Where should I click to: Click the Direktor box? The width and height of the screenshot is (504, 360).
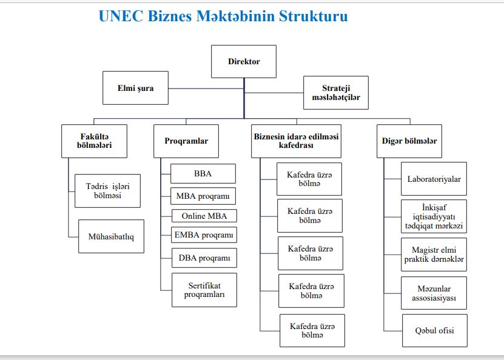pyautogui.click(x=244, y=61)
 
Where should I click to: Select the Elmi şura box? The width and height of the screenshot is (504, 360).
pyautogui.click(x=135, y=88)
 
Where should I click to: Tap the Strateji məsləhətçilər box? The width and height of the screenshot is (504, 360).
pyautogui.click(x=336, y=93)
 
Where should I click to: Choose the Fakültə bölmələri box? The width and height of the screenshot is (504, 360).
pyautogui.click(x=94, y=141)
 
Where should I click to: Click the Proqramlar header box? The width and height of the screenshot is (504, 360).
pyautogui.click(x=186, y=141)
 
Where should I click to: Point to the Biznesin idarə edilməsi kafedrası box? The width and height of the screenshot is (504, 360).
pyautogui.click(x=296, y=141)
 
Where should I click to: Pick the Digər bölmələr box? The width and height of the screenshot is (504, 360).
pyautogui.click(x=409, y=141)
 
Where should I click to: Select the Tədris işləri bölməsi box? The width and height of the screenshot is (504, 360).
pyautogui.click(x=107, y=191)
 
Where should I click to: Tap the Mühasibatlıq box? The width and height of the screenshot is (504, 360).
pyautogui.click(x=111, y=236)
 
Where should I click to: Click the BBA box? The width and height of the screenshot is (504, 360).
pyautogui.click(x=203, y=174)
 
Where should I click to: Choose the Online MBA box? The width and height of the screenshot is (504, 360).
pyautogui.click(x=204, y=216)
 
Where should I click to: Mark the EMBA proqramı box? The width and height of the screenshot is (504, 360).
pyautogui.click(x=204, y=235)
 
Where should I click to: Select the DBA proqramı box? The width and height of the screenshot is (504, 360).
pyautogui.click(x=204, y=258)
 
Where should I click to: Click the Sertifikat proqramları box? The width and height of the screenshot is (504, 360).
pyautogui.click(x=204, y=290)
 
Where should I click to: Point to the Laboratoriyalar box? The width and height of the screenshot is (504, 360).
pyautogui.click(x=434, y=179)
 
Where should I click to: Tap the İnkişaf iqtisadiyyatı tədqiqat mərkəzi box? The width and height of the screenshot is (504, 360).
pyautogui.click(x=434, y=216)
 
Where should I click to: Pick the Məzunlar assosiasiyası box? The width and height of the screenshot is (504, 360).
pyautogui.click(x=434, y=293)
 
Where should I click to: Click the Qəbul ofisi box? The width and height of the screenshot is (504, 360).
pyautogui.click(x=435, y=330)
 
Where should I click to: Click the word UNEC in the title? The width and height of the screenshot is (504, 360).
pyautogui.click(x=121, y=16)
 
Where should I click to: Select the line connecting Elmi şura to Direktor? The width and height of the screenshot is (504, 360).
pyautogui.click(x=206, y=88)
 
